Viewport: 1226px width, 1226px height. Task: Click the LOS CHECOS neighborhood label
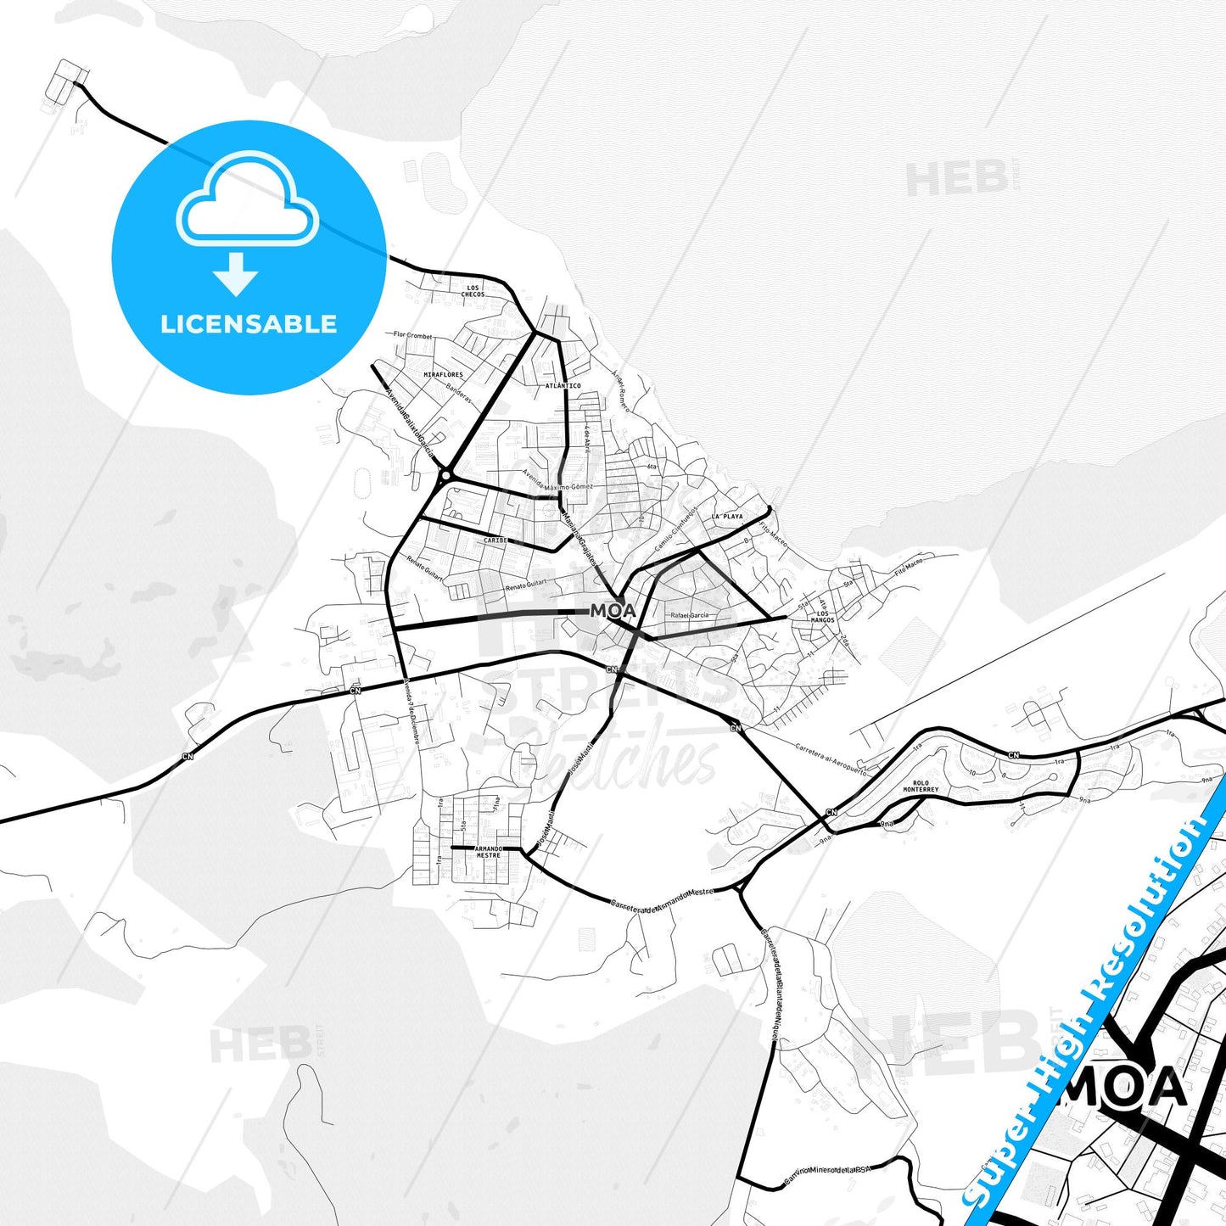(x=473, y=291)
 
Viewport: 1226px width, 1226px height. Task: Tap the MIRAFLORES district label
(x=443, y=374)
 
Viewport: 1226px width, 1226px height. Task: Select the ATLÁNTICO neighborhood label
(x=563, y=386)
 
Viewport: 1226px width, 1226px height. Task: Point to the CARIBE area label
(x=495, y=540)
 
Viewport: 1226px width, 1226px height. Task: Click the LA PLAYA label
(x=727, y=516)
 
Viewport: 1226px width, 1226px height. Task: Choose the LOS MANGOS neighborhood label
(x=822, y=617)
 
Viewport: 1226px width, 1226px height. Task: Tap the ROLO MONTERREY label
(x=921, y=787)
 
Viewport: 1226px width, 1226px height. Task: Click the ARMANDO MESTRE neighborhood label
(x=488, y=852)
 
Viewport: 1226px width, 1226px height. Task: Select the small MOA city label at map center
(x=613, y=611)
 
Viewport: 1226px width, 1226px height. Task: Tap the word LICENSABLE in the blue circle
(x=249, y=324)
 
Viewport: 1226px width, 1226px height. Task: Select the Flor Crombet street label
(x=413, y=336)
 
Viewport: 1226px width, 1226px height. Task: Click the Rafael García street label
(x=689, y=615)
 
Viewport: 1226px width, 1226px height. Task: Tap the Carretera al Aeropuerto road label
(x=831, y=760)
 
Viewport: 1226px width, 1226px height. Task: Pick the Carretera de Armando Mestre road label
(x=663, y=899)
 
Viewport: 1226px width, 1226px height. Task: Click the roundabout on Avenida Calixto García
(x=444, y=478)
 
